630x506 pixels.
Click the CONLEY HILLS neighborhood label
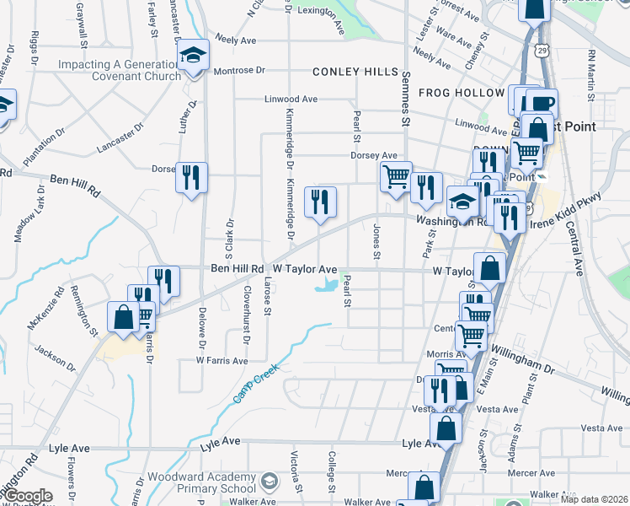point(355,73)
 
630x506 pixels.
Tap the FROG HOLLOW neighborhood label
point(455,92)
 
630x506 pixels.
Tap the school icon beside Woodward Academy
point(270,482)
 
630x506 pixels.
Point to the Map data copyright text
point(595,499)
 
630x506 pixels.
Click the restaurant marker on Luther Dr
point(191,177)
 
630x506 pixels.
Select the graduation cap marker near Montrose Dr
point(193,57)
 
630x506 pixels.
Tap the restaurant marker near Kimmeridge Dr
point(320,202)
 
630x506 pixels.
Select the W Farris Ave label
point(222,360)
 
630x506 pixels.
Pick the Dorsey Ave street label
point(373,155)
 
